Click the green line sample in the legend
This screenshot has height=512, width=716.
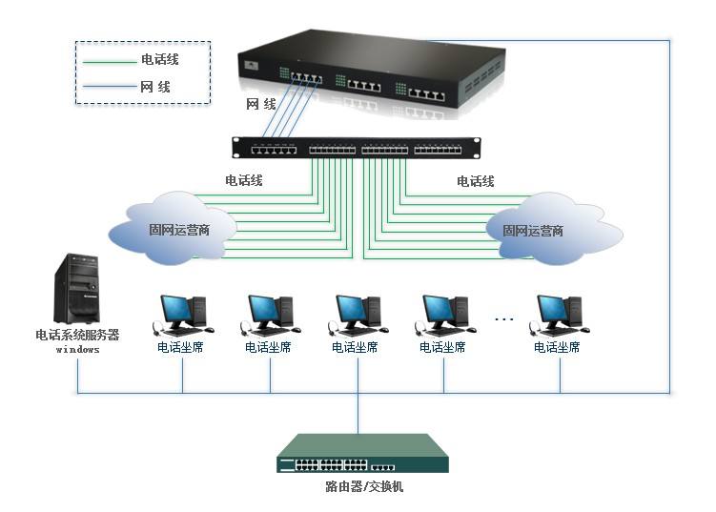[110, 62]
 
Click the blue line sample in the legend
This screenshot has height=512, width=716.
[110, 87]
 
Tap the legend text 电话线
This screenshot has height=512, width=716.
[160, 59]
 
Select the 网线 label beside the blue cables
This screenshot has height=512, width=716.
[260, 105]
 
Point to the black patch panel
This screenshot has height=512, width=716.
[357, 148]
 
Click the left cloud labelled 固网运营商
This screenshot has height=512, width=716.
[173, 229]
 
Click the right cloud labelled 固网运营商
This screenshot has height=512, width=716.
[554, 229]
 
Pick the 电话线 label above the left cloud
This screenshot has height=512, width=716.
[244, 180]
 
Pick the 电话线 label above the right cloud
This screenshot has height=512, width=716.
[476, 181]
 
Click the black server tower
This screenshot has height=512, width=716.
[76, 288]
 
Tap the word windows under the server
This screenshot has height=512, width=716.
[77, 350]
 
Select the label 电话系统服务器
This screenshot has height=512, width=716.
[77, 335]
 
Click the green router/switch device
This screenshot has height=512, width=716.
[362, 453]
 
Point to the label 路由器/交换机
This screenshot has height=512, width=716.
[364, 486]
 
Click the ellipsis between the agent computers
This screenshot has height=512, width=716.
[504, 318]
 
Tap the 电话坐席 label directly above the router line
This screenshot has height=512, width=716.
[355, 348]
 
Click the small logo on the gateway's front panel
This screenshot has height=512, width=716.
[251, 66]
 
